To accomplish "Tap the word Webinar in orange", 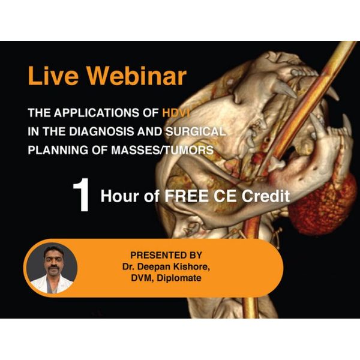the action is coord(136,76).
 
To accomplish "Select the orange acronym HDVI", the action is coord(176,113).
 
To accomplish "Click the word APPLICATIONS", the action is coord(97,113).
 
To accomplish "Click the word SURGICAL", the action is coord(196,131).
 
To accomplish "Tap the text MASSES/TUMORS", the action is coord(163,150).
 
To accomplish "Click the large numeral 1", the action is coord(82,195).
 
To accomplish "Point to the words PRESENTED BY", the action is coord(166,255).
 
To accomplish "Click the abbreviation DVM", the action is coord(142,278).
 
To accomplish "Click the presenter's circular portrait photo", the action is coord(52,268).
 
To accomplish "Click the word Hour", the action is coord(120,196).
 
